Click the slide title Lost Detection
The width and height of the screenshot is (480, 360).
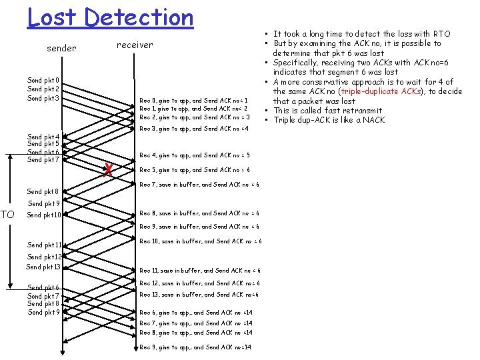[110, 17]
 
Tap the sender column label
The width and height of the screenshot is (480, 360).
[61, 48]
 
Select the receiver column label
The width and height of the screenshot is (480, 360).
[134, 45]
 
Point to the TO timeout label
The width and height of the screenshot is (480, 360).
[8, 215]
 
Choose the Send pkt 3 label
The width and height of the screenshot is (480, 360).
[43, 99]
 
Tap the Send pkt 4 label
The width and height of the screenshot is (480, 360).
[43, 137]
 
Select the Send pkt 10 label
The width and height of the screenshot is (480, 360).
[43, 215]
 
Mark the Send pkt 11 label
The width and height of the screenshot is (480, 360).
[44, 245]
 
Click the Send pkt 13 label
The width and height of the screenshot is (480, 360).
[43, 267]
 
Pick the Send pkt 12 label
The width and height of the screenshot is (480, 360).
[44, 257]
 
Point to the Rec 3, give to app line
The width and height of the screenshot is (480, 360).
[193, 129]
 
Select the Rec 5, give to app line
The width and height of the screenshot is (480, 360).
[195, 169]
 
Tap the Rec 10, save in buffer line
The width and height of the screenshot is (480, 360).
[200, 241]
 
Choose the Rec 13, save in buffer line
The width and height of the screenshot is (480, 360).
[199, 295]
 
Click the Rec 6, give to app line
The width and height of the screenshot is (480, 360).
[195, 313]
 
